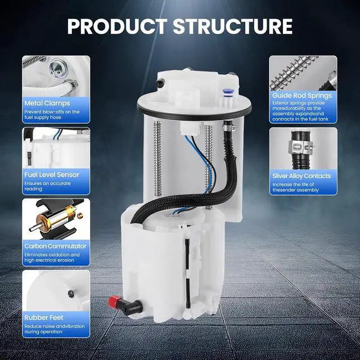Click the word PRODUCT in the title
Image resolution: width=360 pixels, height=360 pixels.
[117, 26]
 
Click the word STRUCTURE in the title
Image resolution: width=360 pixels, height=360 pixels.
[233, 26]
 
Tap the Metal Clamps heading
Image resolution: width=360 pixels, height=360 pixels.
[47, 103]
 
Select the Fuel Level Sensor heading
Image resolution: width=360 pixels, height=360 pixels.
[52, 175]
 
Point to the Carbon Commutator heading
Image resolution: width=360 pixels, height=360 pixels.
[55, 246]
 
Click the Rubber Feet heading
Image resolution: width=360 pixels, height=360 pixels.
[44, 317]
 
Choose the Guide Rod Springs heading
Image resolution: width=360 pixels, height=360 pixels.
[302, 96]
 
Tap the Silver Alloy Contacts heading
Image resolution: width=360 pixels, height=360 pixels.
[301, 176]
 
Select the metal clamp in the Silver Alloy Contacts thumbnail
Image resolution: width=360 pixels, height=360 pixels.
[301, 147]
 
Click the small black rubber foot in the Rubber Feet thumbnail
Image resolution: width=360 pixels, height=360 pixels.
[71, 293]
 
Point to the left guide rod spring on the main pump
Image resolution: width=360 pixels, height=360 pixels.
[157, 159]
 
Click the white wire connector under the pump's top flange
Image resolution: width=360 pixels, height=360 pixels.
[190, 128]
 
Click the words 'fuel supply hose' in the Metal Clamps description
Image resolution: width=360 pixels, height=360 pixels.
[43, 118]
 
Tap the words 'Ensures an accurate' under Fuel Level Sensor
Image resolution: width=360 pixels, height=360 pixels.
[47, 183]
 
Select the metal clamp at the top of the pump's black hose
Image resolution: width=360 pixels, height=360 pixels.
[228, 126]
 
